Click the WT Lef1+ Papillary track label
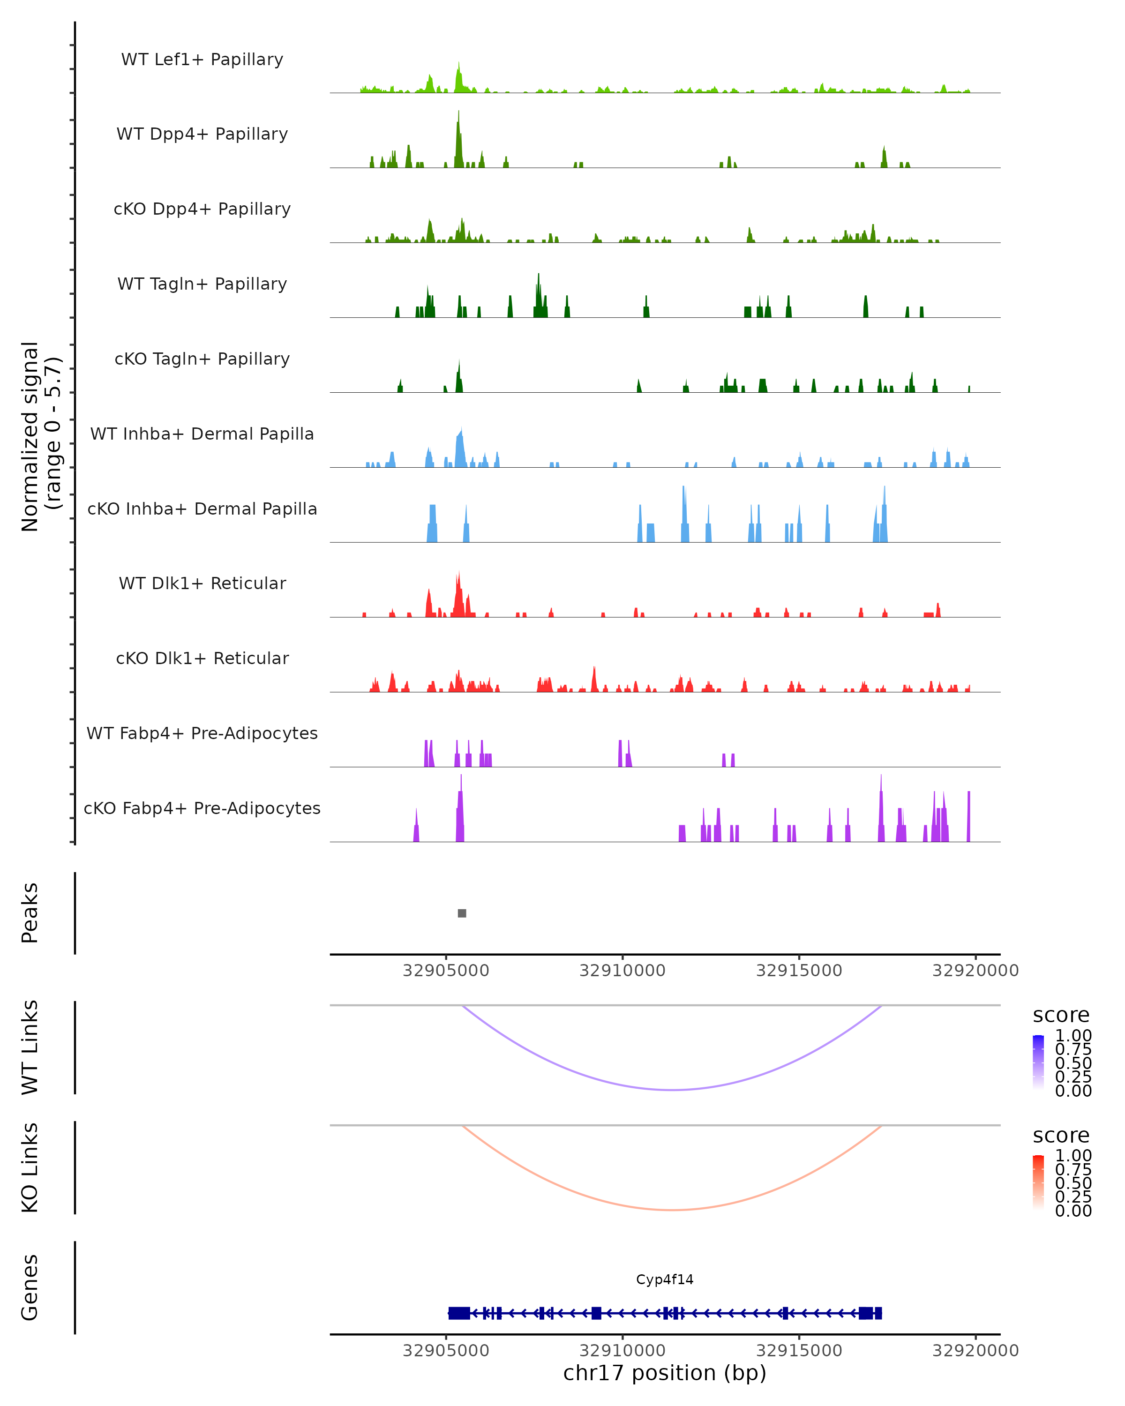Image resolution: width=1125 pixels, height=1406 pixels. tap(202, 60)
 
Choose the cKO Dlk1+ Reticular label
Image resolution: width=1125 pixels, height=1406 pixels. tap(202, 658)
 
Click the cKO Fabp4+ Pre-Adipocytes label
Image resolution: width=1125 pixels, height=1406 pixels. tap(202, 808)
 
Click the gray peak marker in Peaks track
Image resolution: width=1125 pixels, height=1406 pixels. tap(462, 913)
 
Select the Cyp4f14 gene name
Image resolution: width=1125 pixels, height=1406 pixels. tap(665, 1279)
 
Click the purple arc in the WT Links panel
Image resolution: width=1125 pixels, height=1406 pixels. tap(672, 1090)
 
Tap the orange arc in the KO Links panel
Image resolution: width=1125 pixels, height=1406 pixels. tap(672, 1210)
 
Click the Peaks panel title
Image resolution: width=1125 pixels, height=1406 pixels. tap(30, 913)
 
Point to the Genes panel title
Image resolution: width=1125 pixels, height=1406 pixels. tap(30, 1287)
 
